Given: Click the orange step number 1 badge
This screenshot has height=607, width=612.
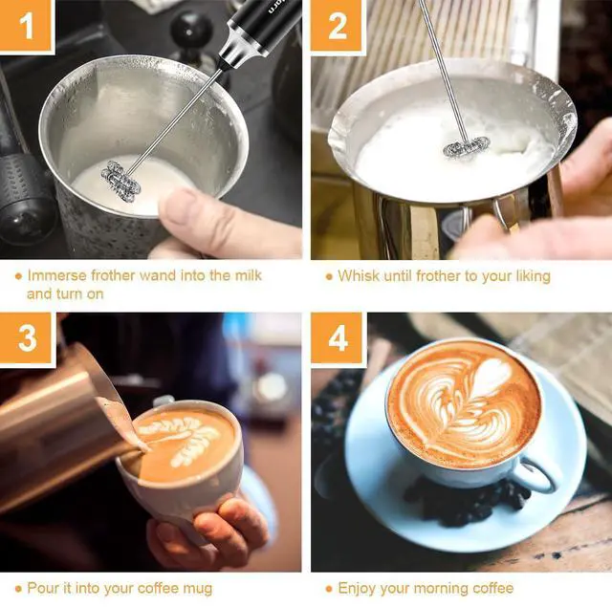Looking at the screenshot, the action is [x=26, y=25].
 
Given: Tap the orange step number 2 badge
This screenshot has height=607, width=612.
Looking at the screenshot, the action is [x=338, y=25].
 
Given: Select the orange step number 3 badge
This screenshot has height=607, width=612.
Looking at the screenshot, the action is [x=26, y=337].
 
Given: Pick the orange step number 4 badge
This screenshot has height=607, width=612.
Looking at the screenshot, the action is [x=338, y=337].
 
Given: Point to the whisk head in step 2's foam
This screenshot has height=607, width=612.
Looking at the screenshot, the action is [x=467, y=147].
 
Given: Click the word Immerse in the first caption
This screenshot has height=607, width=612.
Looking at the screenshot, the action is [x=57, y=275].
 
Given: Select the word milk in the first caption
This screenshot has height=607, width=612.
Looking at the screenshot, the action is [x=249, y=275].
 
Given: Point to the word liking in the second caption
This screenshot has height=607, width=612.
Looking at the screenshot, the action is [x=534, y=277].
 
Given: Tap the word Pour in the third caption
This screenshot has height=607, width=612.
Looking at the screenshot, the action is [x=42, y=588].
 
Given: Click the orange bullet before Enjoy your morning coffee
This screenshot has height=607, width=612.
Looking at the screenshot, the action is [x=329, y=589].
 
